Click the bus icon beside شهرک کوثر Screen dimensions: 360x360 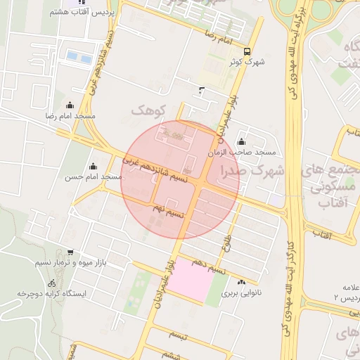click(x=246, y=51)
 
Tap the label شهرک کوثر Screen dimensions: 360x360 click(x=246, y=62)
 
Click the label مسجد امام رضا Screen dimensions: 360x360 click(x=70, y=115)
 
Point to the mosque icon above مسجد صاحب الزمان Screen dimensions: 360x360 click(x=242, y=142)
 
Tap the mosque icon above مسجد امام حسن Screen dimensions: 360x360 click(x=93, y=167)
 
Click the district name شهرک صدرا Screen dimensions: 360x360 click(x=251, y=171)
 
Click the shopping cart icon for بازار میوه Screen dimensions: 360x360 click(x=70, y=252)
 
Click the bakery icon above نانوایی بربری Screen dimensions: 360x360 click(x=242, y=282)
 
